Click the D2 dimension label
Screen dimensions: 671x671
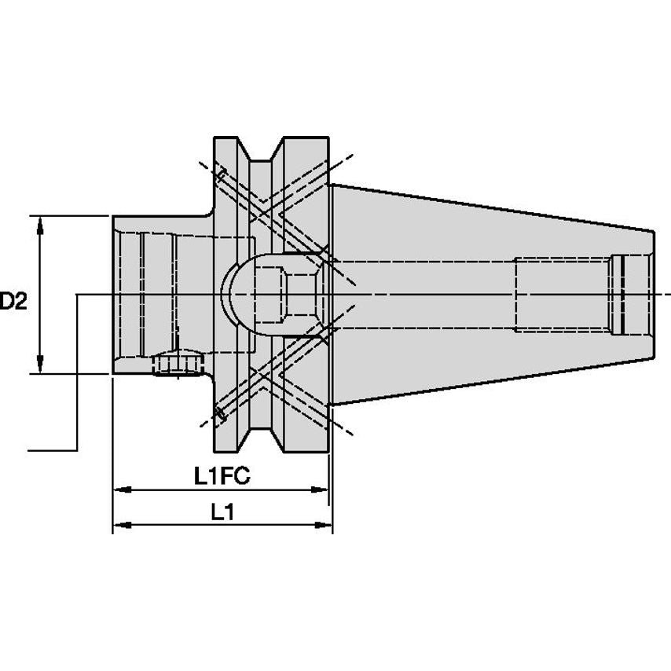click(14, 301)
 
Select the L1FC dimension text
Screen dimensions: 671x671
click(216, 475)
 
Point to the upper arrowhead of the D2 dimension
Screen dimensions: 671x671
click(40, 223)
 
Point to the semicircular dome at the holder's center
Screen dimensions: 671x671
click(236, 295)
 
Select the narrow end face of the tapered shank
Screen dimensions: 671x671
click(653, 295)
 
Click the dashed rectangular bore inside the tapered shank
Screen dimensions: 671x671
click(562, 295)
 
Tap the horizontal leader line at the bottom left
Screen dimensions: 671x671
click(52, 450)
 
